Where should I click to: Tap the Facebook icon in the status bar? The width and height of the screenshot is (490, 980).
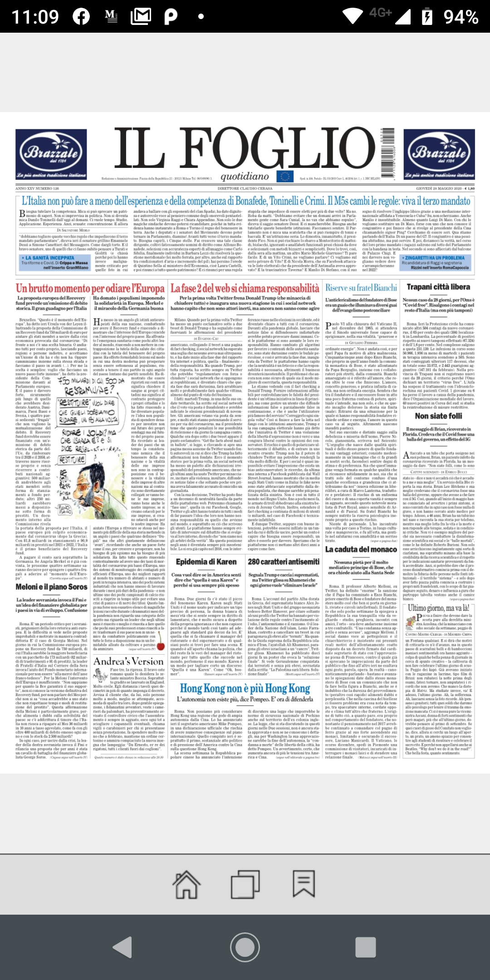pyautogui.click(x=81, y=17)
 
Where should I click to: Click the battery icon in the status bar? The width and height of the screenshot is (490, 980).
pyautogui.click(x=427, y=17)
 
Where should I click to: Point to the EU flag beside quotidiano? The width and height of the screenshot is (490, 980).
pyautogui.click(x=285, y=176)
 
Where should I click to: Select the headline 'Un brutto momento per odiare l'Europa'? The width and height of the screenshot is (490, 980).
pyautogui.click(x=90, y=289)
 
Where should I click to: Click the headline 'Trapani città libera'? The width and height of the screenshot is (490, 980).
pyautogui.click(x=438, y=287)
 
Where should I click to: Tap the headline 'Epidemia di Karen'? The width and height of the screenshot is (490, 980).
pyautogui.click(x=206, y=562)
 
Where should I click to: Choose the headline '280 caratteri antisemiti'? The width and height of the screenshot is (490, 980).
pyautogui.click(x=284, y=562)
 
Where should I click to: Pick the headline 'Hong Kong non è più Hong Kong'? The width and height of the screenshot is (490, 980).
pyautogui.click(x=245, y=688)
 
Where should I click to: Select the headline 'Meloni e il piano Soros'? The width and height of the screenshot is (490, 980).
pyautogui.click(x=51, y=587)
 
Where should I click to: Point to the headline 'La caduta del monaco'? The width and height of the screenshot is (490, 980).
pyautogui.click(x=361, y=549)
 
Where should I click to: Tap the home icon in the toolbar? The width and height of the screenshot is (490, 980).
pyautogui.click(x=186, y=884)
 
